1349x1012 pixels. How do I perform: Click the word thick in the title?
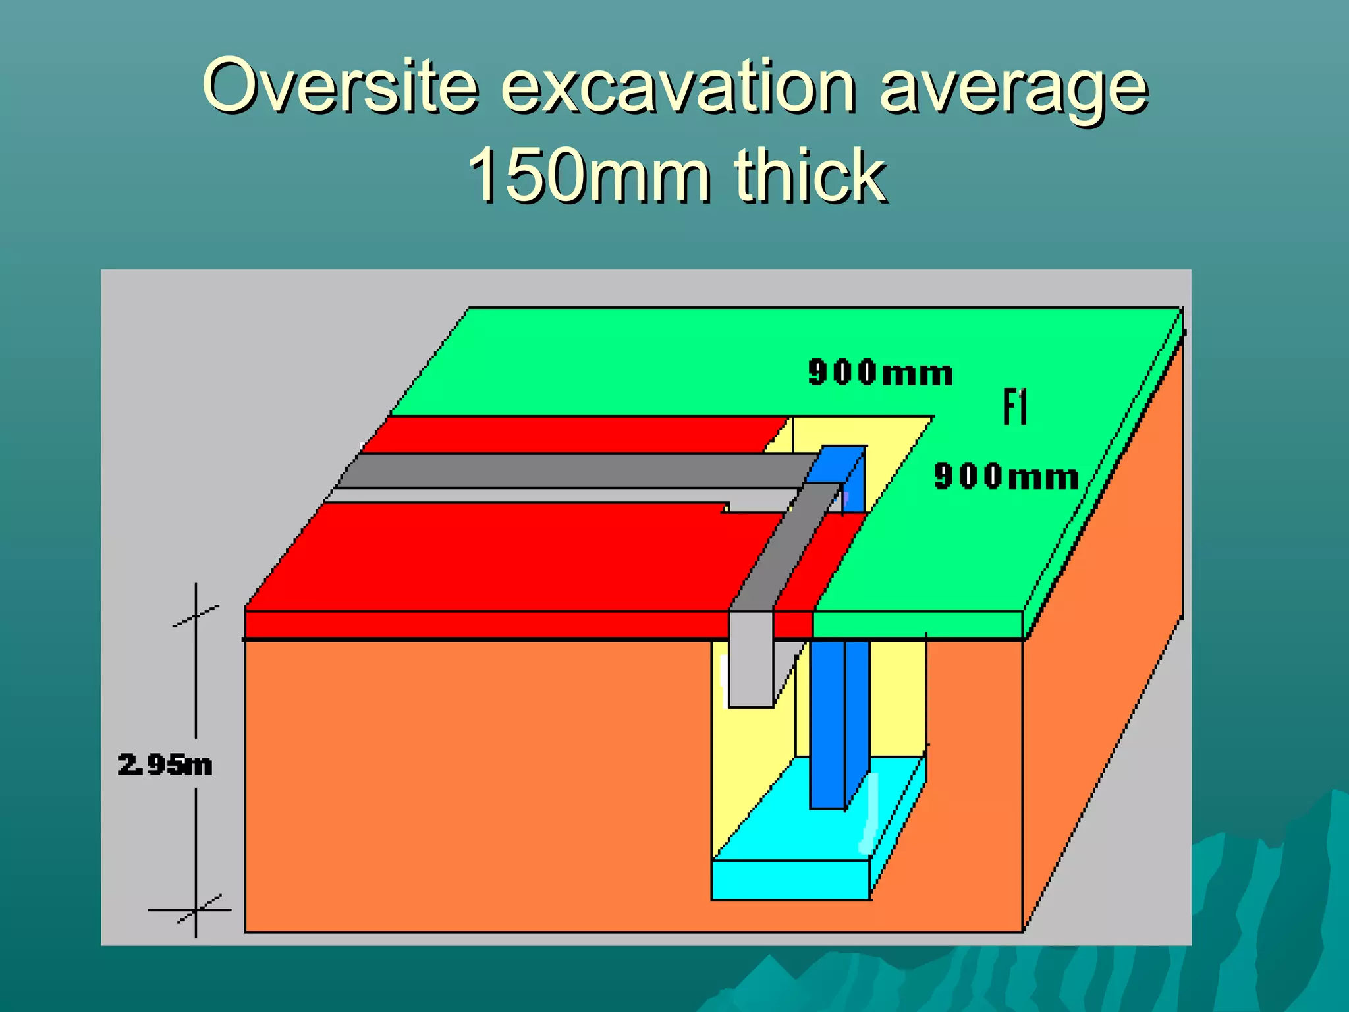point(810,175)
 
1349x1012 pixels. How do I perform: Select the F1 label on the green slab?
point(1015,407)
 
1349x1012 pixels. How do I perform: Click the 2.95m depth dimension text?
point(165,765)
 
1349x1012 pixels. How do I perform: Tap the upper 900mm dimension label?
point(881,373)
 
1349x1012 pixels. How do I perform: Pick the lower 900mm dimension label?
point(1006,476)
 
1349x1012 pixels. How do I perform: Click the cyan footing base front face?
point(790,880)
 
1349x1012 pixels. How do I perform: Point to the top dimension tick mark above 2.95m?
point(196,616)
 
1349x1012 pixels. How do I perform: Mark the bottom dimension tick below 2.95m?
point(196,910)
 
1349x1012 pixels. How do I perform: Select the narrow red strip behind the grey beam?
point(573,434)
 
